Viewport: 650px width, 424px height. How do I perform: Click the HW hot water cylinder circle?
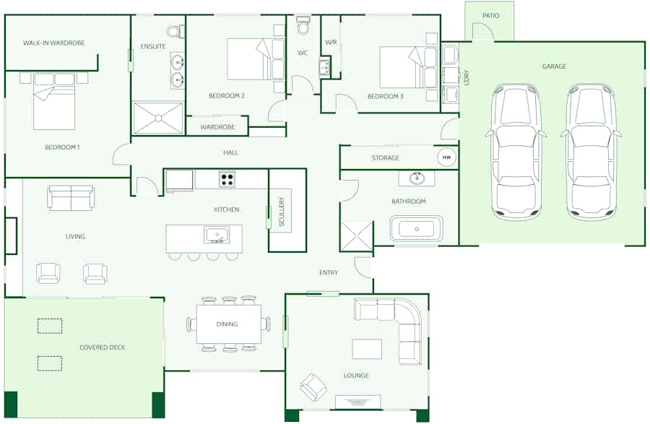446,157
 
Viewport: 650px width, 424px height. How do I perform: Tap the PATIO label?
490,16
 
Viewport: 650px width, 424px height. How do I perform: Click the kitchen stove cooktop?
227,179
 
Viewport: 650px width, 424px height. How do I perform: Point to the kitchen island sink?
216,235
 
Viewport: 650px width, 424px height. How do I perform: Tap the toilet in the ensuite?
175,31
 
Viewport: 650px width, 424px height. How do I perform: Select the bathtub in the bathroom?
417,230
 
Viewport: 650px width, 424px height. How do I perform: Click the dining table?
227,324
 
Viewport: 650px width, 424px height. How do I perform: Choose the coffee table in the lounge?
367,349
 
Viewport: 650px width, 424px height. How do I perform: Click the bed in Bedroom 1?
54,101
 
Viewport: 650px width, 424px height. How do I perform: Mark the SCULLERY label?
282,212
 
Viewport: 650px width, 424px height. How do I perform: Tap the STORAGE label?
386,158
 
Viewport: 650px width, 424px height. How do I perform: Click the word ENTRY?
329,272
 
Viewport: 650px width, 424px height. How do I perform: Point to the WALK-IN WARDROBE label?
53,43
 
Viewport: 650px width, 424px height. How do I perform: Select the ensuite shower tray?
158,118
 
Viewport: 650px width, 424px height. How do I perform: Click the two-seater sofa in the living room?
71,198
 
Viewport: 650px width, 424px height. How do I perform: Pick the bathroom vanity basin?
417,178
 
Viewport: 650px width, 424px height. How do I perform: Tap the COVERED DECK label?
102,347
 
